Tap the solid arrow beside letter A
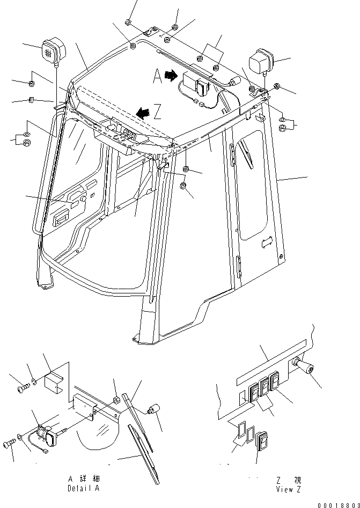(x=171, y=76)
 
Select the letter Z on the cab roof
(x=157, y=113)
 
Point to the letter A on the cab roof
(x=157, y=77)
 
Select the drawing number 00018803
(x=337, y=504)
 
